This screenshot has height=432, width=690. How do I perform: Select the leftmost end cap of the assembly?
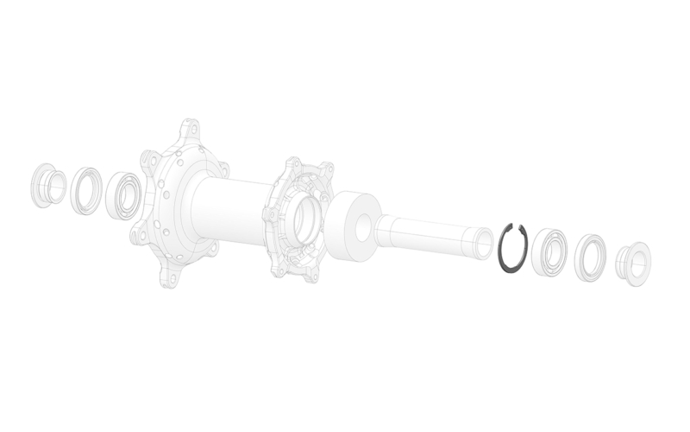pos(45,184)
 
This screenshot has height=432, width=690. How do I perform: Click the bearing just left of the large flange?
pos(123,197)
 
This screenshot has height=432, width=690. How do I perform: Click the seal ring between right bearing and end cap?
pos(591,257)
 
